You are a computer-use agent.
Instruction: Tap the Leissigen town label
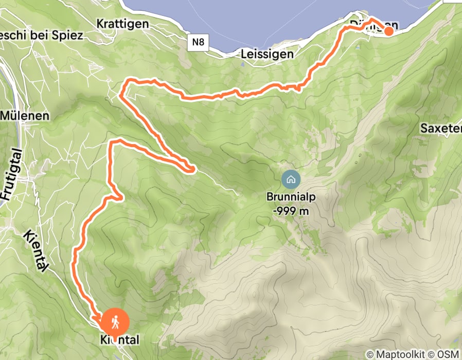point(267,53)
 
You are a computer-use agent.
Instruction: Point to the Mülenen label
point(24,115)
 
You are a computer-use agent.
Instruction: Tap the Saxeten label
point(440,128)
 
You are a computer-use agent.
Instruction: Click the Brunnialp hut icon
point(290,179)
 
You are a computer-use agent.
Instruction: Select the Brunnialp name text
point(290,196)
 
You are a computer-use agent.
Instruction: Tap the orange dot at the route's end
point(388,31)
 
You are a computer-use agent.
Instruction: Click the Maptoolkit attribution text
point(402,354)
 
